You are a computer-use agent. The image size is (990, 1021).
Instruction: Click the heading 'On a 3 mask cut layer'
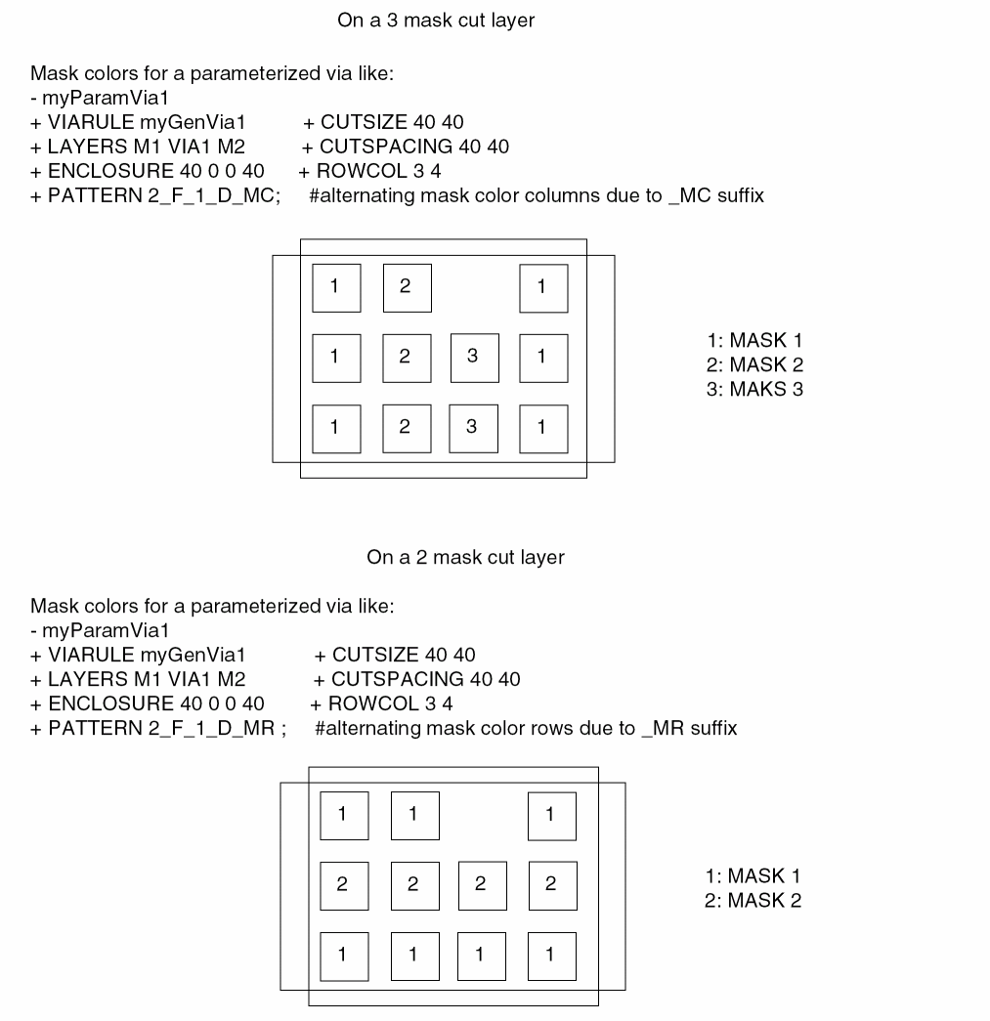tap(436, 21)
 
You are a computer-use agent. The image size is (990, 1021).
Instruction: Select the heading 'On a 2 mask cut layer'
tap(465, 558)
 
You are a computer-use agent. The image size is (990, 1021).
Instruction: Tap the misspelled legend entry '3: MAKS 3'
tap(754, 389)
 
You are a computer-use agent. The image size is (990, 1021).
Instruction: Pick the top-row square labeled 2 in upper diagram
tap(406, 287)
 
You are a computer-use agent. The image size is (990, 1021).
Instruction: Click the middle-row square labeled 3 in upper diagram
tap(474, 357)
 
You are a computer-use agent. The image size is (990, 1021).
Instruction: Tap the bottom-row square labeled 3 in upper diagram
tap(474, 427)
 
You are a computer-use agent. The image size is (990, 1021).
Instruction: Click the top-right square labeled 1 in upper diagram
tap(542, 287)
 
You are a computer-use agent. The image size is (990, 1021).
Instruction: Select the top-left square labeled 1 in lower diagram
tap(343, 815)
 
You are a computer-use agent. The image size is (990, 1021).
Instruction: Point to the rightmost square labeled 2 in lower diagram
tap(551, 885)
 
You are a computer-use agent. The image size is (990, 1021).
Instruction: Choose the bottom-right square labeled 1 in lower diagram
tap(551, 956)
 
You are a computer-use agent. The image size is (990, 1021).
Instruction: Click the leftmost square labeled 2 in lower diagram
tap(343, 885)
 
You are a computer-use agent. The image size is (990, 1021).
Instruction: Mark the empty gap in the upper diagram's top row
tap(474, 287)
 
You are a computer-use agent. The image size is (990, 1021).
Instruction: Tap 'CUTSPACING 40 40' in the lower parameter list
tap(426, 679)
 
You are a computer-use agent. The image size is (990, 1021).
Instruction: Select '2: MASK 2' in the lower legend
tap(753, 901)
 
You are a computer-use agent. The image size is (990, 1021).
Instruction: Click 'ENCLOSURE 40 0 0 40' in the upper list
tap(148, 172)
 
